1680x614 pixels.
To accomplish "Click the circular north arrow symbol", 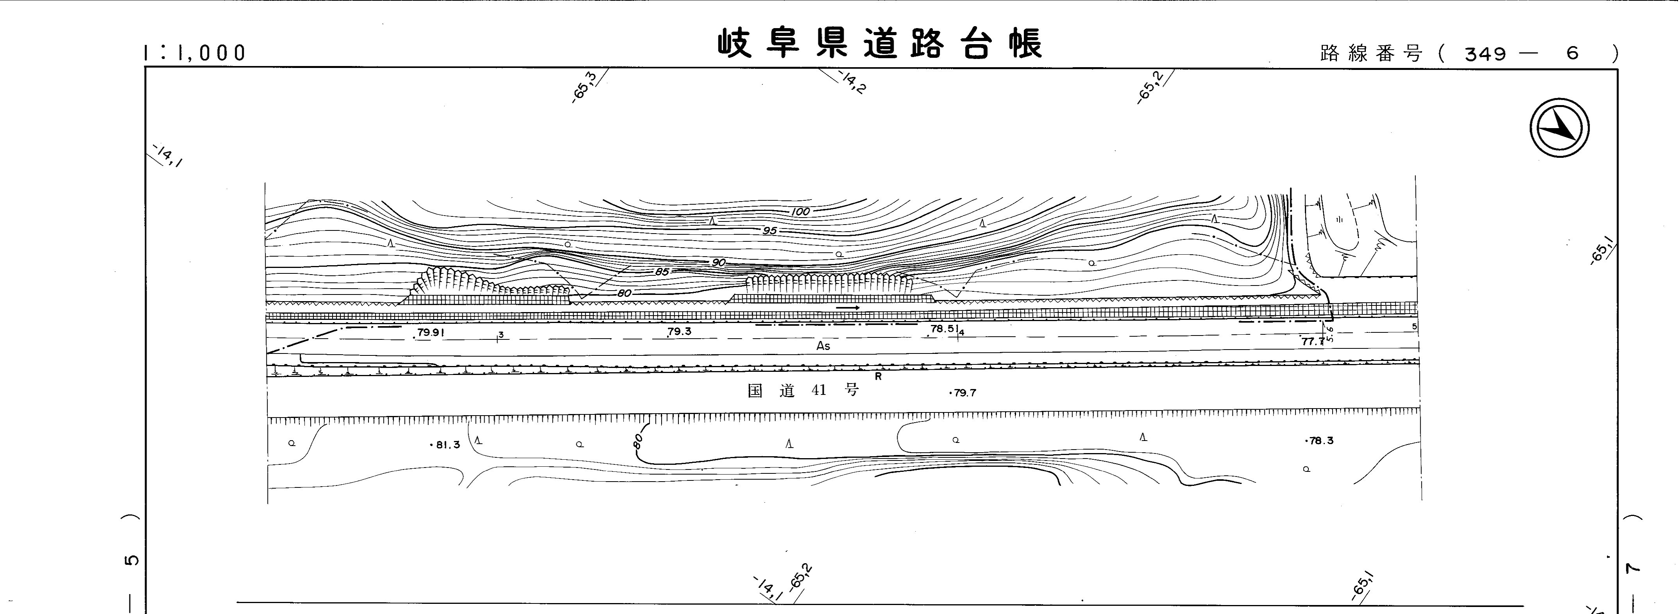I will coord(1559,128).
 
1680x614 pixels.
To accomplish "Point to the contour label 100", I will coord(800,211).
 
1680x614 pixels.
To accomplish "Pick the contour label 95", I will coord(769,231).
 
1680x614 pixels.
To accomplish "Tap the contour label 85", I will coord(662,272).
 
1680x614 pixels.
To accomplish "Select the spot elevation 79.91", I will coord(430,332).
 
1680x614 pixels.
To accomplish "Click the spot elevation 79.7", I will coord(964,393).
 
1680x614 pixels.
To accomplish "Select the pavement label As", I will coord(823,346).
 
